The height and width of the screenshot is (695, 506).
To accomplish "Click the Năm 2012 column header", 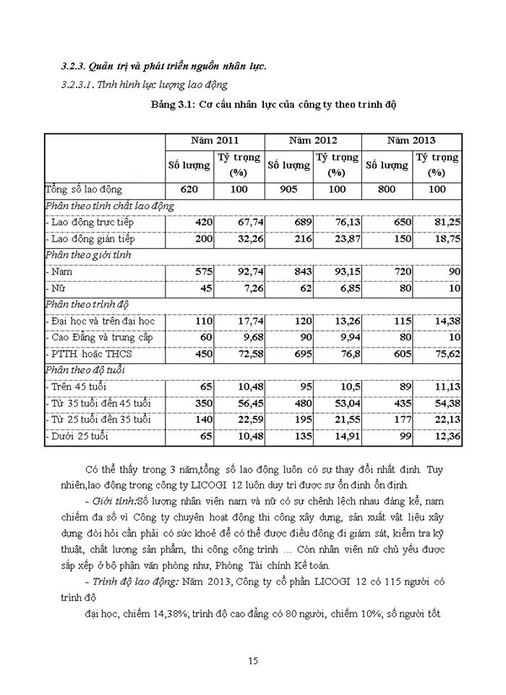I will tap(312, 140).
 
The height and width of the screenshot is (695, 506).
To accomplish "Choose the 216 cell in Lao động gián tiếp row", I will tap(300, 239).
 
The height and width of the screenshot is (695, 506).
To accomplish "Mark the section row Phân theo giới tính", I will tap(89, 255).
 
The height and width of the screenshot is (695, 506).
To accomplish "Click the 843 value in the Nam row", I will tap(300, 271).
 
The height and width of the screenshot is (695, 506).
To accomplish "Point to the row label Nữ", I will tap(54, 288).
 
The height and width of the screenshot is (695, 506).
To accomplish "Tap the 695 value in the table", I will tap(300, 353).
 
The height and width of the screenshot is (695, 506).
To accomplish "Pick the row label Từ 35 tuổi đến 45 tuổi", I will tap(98, 403).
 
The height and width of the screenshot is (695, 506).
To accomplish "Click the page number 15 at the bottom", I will tap(252, 660).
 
